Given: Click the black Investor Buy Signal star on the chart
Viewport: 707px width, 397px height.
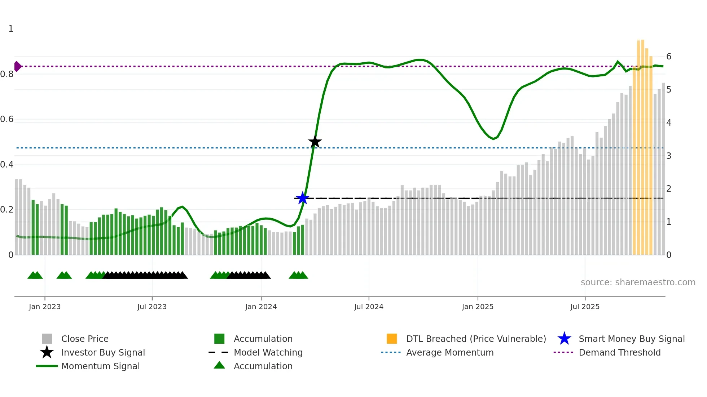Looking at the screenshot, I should coord(315,142).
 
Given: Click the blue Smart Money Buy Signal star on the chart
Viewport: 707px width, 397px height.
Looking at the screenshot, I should coord(302,198).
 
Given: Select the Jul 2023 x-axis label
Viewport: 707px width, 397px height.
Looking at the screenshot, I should coord(152,307).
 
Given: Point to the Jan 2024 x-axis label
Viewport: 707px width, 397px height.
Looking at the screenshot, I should coord(261,307).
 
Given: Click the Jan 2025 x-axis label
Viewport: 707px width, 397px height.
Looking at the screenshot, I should coord(478,307).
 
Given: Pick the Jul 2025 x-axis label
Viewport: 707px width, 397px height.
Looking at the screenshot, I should coord(585,307).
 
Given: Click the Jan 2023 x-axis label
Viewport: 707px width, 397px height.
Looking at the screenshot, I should coord(45,307).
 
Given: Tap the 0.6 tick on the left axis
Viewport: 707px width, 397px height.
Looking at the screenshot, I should coord(7,119).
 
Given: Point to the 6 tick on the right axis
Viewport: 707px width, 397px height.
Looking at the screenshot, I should coord(669,57).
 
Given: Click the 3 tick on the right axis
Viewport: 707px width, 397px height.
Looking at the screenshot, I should coord(669,156).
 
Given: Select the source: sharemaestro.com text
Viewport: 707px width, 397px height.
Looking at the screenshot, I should coord(638,282).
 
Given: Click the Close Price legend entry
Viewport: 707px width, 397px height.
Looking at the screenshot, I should coord(85,339).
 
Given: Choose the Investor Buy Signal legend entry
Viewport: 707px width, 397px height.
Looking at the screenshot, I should coord(103,352).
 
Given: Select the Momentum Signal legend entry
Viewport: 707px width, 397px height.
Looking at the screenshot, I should coord(100,366).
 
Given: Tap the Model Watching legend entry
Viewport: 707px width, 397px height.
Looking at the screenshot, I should coord(268,352).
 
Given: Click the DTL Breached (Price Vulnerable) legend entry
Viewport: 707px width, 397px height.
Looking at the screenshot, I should coord(476,339).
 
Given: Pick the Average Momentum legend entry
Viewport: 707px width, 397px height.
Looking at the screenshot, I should coord(450,352).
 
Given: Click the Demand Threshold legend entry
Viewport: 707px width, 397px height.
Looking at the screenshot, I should coord(619,352).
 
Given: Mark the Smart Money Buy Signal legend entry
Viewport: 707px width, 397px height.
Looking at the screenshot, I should coord(632,339).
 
